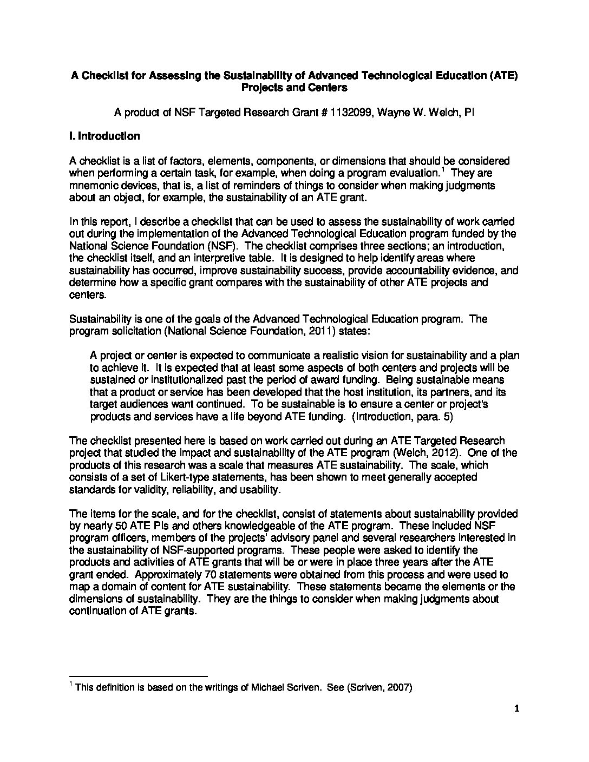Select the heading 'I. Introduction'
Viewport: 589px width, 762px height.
104,136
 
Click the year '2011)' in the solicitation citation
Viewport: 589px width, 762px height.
355,331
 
